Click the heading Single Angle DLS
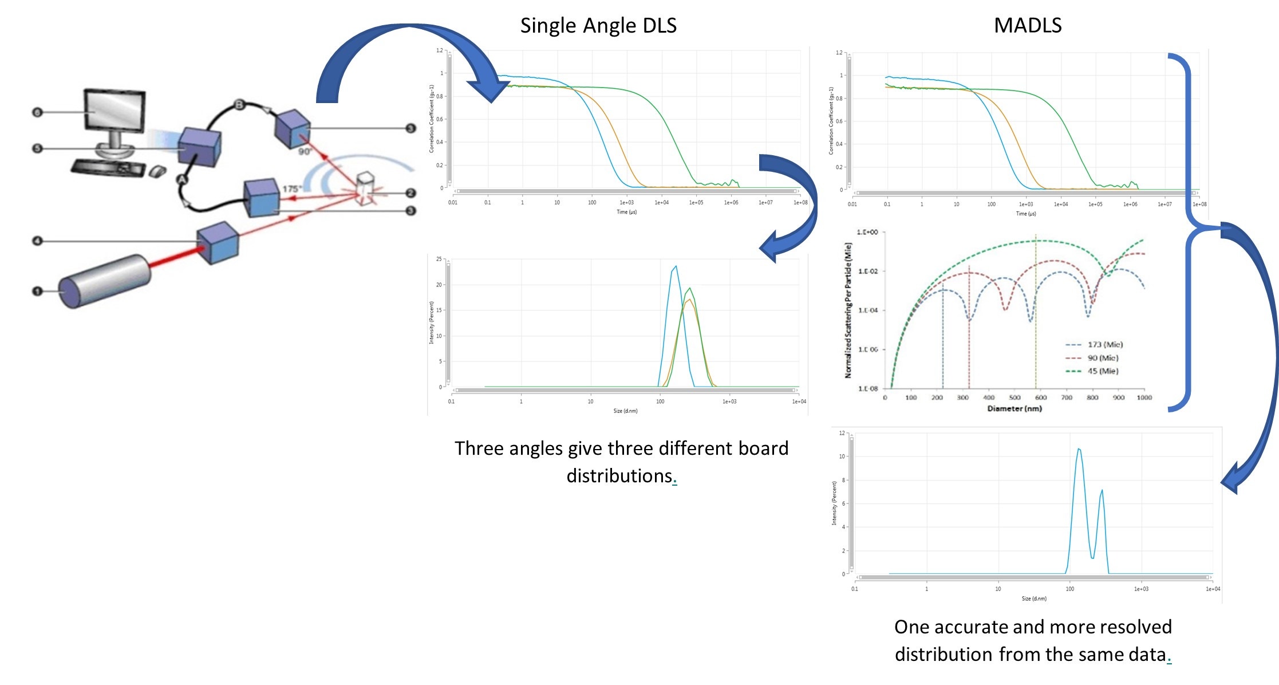pos(598,26)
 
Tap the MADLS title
pos(1027,26)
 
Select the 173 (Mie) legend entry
pos(1105,345)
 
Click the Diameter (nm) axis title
pos(1014,408)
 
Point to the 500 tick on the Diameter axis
pos(1014,397)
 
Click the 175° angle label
pos(291,188)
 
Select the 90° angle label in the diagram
pos(305,152)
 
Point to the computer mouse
pos(157,171)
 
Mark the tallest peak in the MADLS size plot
pos(1079,450)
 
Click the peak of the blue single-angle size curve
pos(676,266)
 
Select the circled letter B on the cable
pos(240,104)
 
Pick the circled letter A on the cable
pos(182,179)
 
